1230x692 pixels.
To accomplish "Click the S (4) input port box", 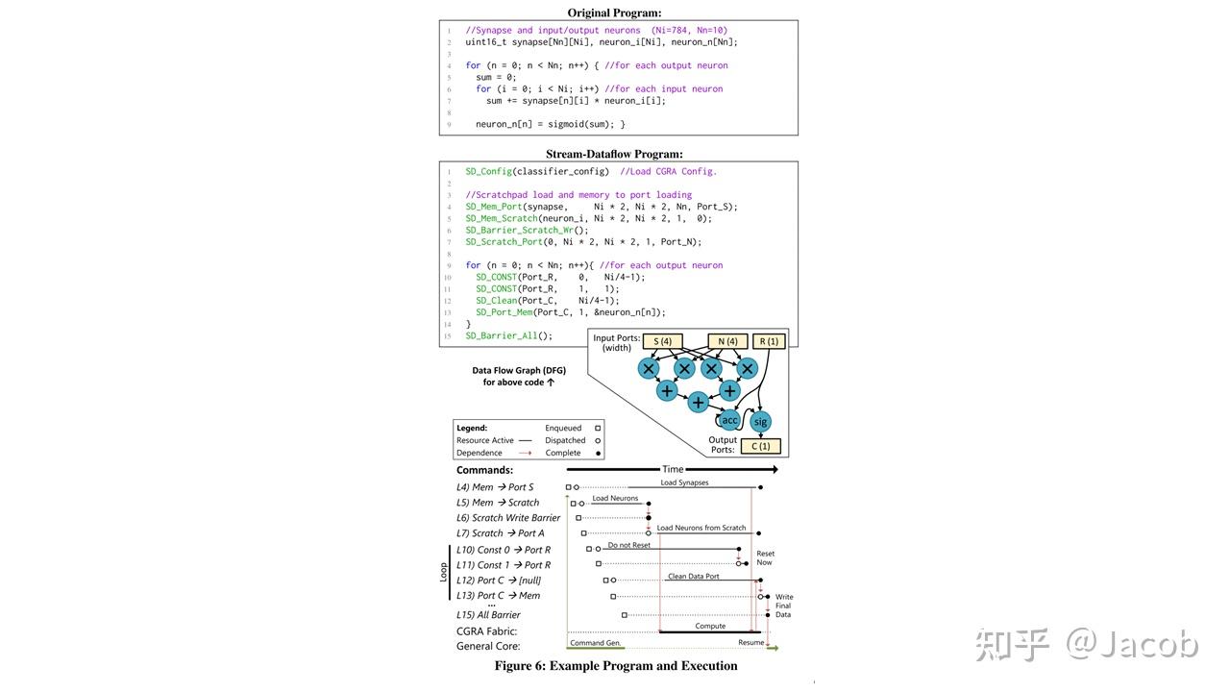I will point(662,341).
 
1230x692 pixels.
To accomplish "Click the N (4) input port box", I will point(726,341).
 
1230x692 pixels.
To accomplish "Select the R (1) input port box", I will point(769,341).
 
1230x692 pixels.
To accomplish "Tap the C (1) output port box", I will point(761,446).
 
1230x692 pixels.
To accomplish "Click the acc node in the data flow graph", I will point(729,420).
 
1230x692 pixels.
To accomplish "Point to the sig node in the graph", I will point(760,421).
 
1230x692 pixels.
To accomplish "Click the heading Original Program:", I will point(614,12).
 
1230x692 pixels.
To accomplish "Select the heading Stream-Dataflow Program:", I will point(614,154).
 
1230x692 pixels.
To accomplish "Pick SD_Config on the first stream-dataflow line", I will point(488,171).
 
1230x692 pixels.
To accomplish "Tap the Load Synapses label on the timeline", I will point(684,482).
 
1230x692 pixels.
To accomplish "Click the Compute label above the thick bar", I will point(710,626).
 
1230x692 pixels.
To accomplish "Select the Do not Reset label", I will point(628,545).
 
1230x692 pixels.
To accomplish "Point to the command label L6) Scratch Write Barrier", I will point(508,518).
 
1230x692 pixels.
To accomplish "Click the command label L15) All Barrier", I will point(488,615).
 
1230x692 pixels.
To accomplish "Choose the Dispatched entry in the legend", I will point(565,440).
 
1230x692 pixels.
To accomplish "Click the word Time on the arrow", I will point(673,469).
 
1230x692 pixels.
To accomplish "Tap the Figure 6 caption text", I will point(616,665).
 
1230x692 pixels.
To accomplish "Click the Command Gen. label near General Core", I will point(596,642).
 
